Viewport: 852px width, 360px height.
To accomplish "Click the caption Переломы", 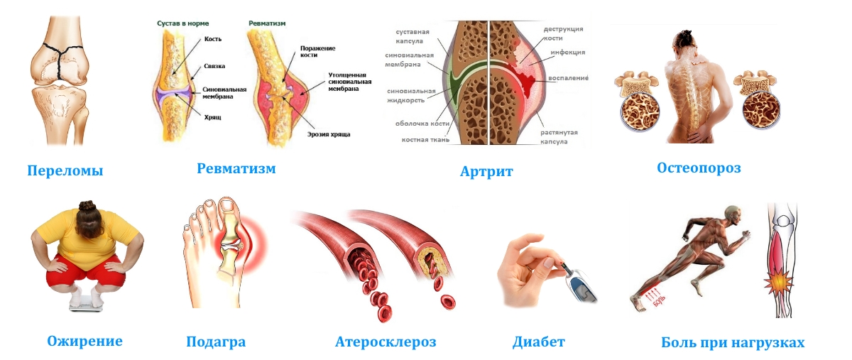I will point(65,170).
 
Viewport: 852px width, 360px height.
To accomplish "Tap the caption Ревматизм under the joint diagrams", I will point(236,168).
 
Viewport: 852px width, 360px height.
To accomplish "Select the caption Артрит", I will point(486,171).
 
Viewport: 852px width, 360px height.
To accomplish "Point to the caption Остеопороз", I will point(699,168).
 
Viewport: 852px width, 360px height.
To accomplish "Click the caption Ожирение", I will point(84,341).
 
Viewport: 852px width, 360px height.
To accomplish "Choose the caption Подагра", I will point(216,342).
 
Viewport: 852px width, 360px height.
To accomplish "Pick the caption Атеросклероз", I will point(386,342).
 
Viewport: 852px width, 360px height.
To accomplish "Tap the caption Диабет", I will point(539,342).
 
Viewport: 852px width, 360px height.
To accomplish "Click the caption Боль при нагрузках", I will point(733,342).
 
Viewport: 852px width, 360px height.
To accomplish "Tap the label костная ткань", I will point(426,140).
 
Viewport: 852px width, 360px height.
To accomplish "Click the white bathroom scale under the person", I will point(87,302).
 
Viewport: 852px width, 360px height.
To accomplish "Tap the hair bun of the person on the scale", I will point(87,207).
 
